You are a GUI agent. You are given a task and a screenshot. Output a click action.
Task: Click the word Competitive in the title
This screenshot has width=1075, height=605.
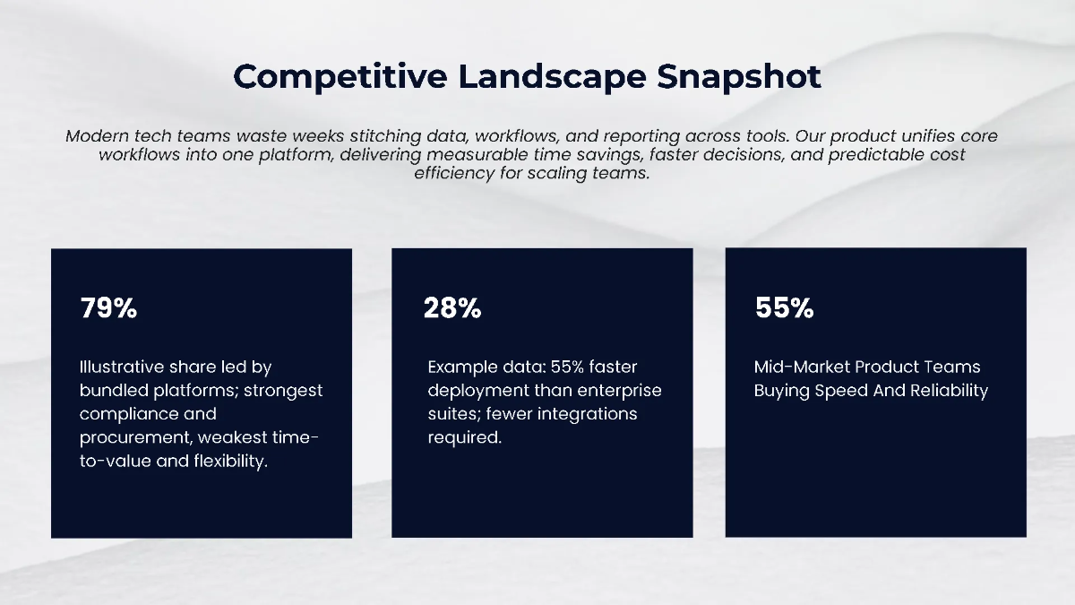(340, 77)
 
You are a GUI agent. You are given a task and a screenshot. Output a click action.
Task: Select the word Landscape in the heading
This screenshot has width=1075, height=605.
(553, 77)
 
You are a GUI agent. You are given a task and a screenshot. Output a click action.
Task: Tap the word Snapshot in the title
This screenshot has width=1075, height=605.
(739, 77)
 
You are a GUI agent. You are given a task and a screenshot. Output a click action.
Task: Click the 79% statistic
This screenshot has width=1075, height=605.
(109, 307)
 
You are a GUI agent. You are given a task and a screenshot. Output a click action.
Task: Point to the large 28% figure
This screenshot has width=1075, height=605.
(452, 307)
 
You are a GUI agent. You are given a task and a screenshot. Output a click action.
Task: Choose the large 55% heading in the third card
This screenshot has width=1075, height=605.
(784, 307)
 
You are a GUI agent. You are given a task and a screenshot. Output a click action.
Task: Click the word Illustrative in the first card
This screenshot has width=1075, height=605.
(122, 367)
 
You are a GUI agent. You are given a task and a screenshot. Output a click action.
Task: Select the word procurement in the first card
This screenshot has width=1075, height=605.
(136, 438)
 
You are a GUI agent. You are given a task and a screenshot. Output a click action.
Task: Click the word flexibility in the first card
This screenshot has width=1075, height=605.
(231, 462)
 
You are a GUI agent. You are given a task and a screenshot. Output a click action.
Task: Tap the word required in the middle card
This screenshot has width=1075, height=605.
(465, 437)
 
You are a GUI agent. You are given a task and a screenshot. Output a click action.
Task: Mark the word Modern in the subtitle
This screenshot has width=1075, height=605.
(98, 136)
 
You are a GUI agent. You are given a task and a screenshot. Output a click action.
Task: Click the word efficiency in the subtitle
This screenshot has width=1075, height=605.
(454, 173)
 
